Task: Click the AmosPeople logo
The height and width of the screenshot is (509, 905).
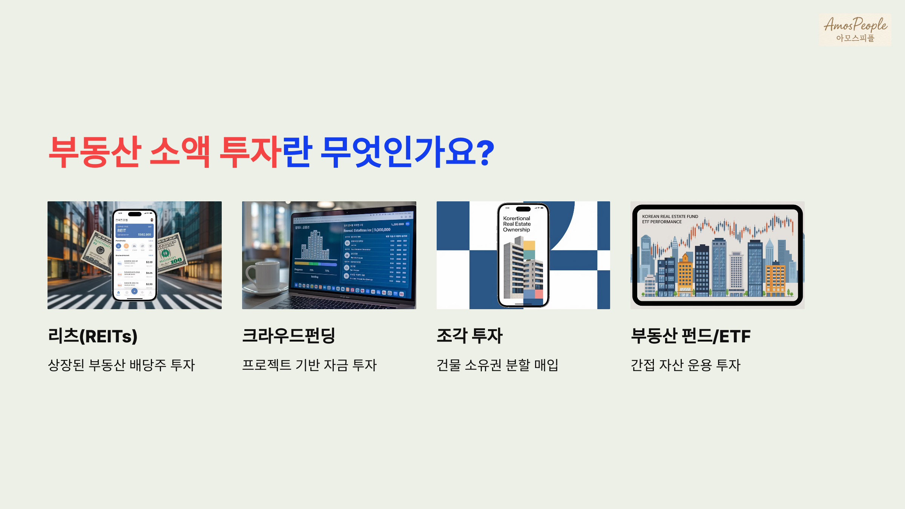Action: pos(855,29)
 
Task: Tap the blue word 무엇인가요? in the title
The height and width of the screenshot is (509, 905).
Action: pos(407,152)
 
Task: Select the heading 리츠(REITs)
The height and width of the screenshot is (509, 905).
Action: pos(93,336)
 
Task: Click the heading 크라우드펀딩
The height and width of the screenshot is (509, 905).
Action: pos(288,336)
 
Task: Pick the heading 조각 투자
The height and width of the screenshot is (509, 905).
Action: pos(469,336)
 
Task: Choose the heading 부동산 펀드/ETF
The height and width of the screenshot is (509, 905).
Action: pos(690,336)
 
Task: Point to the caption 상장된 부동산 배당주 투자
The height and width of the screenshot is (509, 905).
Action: pos(121,365)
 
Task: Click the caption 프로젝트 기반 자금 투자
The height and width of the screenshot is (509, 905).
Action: pos(309,365)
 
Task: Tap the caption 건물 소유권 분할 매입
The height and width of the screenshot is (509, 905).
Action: pos(497,365)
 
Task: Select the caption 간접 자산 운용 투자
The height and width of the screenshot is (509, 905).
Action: pos(686,365)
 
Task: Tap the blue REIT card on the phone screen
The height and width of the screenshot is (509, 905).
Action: pos(134,230)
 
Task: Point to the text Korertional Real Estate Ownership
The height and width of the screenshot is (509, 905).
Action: pos(517,224)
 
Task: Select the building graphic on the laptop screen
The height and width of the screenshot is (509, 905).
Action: pos(314,245)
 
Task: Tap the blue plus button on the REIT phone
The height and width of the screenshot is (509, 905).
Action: pos(134,291)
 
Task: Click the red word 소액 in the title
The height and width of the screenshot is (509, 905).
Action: pos(180,152)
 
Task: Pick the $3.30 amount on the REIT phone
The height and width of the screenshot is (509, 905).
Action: pos(149,262)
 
